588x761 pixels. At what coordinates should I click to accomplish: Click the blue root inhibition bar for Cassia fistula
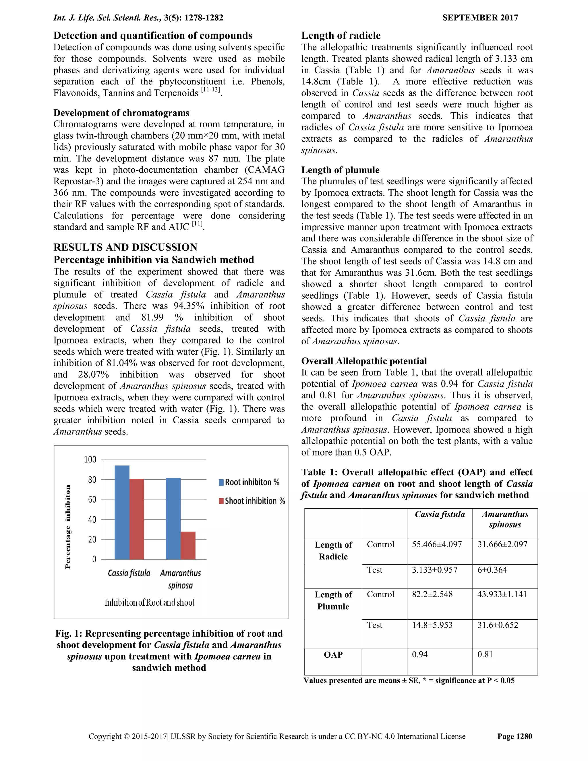122,512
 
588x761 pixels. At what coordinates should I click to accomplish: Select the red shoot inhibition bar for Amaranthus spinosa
188,545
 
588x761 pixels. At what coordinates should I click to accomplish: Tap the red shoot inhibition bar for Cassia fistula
137,519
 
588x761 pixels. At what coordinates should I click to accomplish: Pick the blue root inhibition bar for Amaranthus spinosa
173,518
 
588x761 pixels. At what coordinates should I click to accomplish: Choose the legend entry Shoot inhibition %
252,501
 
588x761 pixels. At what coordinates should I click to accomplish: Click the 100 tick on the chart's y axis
90,459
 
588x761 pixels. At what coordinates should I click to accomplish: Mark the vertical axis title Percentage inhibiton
68,526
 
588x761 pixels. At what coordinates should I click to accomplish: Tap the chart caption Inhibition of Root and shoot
149,602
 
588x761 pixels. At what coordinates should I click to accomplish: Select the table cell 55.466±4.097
437,544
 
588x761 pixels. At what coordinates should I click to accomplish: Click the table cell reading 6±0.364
492,570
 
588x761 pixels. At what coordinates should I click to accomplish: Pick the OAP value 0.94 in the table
420,654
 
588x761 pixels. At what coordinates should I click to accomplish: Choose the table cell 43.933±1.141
502,594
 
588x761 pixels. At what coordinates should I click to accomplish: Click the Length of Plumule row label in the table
333,600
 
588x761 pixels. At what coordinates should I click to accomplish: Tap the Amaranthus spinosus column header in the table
505,519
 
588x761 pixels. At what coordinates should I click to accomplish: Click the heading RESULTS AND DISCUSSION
125,247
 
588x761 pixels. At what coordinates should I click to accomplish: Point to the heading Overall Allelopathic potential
364,361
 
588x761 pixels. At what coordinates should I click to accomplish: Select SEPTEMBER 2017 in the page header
480,18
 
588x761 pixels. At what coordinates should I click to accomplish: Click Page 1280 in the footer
514,736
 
